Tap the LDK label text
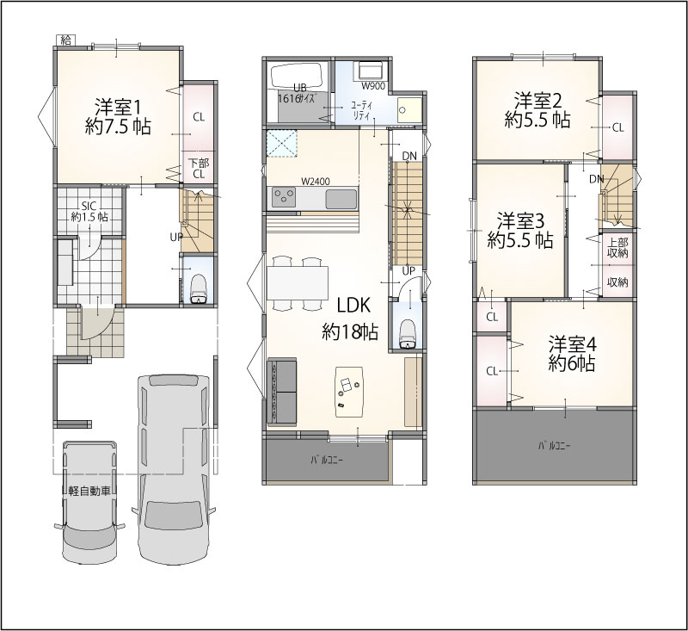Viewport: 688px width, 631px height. click(x=354, y=305)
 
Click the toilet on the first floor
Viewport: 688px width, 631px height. click(x=199, y=289)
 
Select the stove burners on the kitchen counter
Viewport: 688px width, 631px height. click(x=283, y=197)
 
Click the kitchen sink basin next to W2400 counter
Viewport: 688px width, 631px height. click(x=341, y=199)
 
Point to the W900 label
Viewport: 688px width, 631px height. click(x=373, y=86)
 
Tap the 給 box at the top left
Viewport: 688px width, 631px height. click(x=66, y=40)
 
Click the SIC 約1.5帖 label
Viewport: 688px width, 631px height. click(x=89, y=211)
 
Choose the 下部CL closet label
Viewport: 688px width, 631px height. click(x=199, y=169)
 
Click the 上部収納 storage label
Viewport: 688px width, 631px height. click(x=617, y=248)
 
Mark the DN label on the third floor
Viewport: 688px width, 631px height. click(x=597, y=179)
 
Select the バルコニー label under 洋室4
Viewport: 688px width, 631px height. click(x=554, y=446)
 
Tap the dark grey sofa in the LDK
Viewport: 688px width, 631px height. click(x=282, y=392)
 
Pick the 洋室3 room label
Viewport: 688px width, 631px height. click(x=520, y=231)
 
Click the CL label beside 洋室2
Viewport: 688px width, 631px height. click(x=617, y=127)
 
